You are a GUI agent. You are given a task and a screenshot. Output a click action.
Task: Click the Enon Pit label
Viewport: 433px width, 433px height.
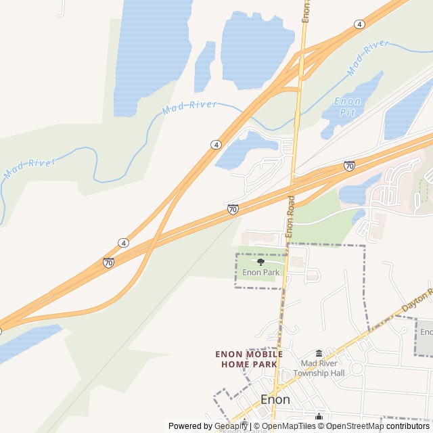348,106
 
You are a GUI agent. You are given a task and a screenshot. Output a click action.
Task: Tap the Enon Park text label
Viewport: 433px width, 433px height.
261,273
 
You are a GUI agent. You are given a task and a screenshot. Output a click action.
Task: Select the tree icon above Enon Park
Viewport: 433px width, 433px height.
261,262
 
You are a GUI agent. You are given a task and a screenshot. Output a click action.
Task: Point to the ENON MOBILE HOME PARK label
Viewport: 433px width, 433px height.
249,359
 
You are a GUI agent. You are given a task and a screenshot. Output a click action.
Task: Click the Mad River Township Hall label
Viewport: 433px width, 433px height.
323,368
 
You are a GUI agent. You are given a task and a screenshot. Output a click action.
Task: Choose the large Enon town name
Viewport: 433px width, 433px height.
275,399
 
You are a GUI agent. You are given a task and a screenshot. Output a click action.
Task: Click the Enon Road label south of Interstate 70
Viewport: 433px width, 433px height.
290,216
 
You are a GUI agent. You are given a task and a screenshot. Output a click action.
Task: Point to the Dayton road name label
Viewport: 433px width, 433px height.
417,302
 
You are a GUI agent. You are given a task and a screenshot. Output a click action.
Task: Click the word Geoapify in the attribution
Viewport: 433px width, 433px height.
231,426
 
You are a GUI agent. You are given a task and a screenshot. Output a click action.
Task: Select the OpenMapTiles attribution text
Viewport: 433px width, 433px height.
285,426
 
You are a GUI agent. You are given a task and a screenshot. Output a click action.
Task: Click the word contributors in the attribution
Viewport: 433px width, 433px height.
408,426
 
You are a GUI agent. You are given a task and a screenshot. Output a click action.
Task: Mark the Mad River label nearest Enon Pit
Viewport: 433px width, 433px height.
368,58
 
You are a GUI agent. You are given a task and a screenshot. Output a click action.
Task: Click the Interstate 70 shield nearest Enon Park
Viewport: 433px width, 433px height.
233,210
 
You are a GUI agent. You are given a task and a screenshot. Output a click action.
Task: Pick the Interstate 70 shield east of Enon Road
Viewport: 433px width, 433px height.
349,166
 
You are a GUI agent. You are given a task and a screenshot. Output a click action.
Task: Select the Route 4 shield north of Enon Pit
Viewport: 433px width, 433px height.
359,24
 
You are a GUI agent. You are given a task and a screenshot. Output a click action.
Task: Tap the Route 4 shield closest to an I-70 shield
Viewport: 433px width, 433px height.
123,242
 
